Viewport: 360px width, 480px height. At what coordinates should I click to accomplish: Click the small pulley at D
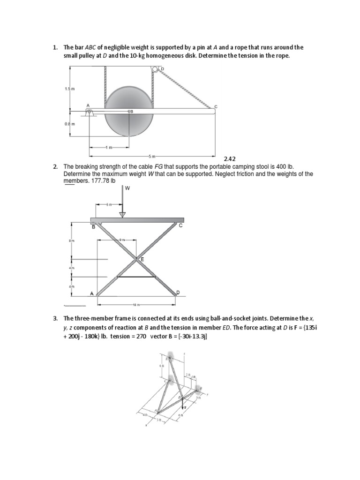(x=156, y=70)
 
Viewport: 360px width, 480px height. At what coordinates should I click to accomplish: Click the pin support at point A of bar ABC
(x=89, y=112)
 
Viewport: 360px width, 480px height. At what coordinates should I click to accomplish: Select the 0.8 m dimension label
(x=69, y=124)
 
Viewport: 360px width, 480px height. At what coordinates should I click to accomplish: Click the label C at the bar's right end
(x=216, y=107)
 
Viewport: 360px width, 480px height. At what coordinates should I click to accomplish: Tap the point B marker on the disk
(x=131, y=111)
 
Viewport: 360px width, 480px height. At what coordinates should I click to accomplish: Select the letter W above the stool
(x=127, y=188)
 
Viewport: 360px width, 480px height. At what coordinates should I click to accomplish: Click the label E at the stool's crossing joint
(x=142, y=259)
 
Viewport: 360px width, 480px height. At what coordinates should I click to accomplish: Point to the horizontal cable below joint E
(x=136, y=277)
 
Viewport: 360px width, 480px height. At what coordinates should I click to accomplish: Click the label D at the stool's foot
(x=178, y=292)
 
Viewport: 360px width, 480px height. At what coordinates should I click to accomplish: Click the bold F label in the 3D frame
(x=185, y=408)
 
